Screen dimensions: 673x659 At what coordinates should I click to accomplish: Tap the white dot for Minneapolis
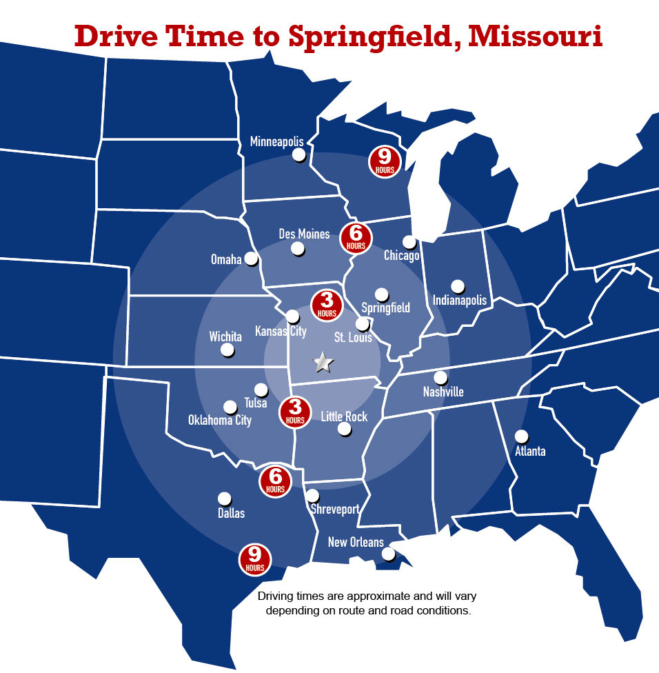[x=299, y=154]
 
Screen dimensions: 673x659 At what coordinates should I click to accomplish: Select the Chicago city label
[x=401, y=256]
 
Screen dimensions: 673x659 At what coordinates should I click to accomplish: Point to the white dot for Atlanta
[x=521, y=436]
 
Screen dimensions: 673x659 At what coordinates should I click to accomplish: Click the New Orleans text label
[x=356, y=542]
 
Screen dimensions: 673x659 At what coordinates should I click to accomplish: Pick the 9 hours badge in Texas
[x=255, y=559]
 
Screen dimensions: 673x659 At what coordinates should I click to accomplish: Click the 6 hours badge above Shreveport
[x=275, y=481]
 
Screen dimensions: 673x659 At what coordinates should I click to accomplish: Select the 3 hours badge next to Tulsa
[x=295, y=412]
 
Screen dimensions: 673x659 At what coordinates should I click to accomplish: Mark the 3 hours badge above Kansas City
[x=327, y=305]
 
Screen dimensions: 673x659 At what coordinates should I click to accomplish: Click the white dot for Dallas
[x=224, y=498]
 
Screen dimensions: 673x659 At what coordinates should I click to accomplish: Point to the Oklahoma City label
[x=220, y=420]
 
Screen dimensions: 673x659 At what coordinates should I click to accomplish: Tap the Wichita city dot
[x=227, y=350]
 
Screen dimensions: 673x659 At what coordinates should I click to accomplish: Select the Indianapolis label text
[x=460, y=300]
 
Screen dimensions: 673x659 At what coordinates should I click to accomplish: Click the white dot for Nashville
[x=440, y=377]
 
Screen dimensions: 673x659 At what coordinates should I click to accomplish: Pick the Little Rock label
[x=344, y=416]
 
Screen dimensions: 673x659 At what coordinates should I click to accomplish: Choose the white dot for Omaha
[x=251, y=258]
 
